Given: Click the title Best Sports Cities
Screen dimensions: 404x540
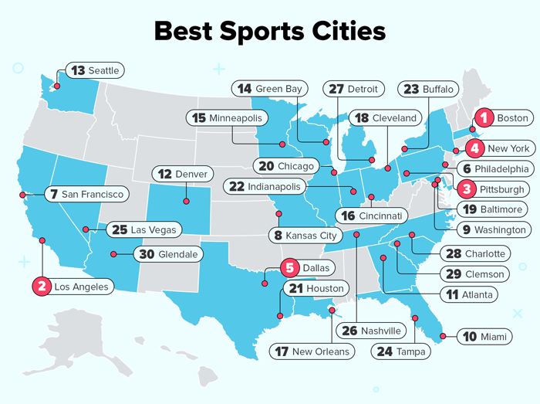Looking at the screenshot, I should pos(269,31).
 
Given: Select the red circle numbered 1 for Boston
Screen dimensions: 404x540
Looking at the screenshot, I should pos(483,118).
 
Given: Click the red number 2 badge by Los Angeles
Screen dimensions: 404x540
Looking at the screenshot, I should pos(41,287).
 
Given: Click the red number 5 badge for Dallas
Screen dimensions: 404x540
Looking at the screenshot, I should pos(290,268).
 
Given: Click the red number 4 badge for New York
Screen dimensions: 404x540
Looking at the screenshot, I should pos(476,148).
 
